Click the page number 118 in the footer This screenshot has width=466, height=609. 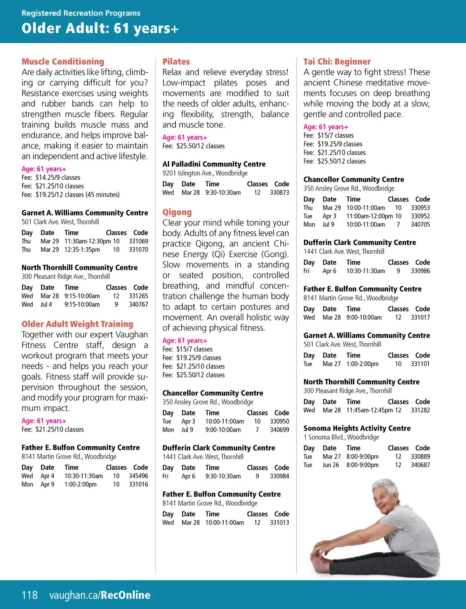click(30, 595)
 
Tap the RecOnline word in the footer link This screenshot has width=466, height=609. click(125, 595)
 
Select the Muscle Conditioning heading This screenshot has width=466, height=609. click(63, 62)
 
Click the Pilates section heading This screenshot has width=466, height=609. click(176, 62)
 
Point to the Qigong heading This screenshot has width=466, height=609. click(177, 212)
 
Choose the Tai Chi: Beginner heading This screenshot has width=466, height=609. click(337, 62)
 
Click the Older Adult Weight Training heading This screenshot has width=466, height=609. click(77, 324)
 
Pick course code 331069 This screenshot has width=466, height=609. click(138, 241)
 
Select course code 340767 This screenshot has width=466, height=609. click(138, 304)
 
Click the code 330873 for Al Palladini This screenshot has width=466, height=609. click(279, 192)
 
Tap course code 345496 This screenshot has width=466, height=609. click(138, 476)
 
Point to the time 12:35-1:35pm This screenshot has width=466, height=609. click(82, 250)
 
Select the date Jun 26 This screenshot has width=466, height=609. click(330, 465)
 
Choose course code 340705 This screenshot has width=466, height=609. click(420, 224)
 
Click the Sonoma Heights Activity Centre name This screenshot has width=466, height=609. click(357, 428)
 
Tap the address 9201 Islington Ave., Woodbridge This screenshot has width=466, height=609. click(205, 173)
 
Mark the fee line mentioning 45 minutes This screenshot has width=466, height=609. click(71, 194)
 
